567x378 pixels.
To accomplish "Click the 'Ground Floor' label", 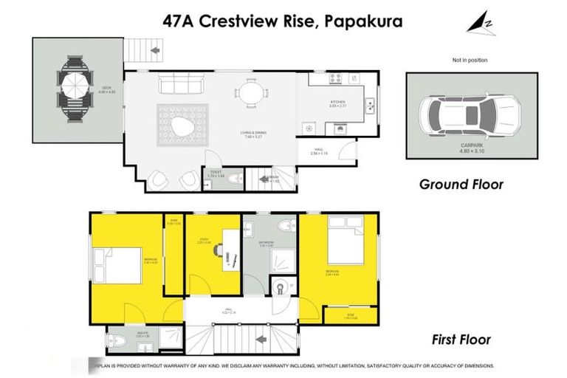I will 461,184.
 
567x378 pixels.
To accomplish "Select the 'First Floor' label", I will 461,340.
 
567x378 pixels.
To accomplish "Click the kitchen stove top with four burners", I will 336,79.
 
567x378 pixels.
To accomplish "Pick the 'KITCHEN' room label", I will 337,101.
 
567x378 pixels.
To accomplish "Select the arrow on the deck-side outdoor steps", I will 155,51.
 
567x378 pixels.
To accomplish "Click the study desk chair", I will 220,250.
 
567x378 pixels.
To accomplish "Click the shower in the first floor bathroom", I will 281,259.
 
